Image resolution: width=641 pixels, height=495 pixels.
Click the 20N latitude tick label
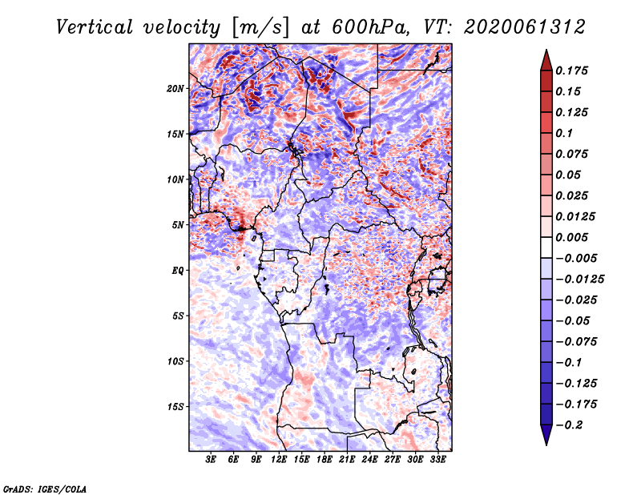click(x=175, y=89)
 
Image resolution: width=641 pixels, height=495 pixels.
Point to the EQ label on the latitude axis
click(x=178, y=271)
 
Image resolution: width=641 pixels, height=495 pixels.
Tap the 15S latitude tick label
click(x=175, y=407)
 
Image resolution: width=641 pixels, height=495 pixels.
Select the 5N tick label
click(x=178, y=225)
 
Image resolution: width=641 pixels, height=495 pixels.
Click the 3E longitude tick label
click(x=211, y=460)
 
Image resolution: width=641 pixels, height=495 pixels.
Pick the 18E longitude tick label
click(x=325, y=460)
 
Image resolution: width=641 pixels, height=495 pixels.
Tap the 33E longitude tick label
click(x=437, y=460)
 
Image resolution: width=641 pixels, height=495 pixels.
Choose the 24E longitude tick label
click(x=369, y=460)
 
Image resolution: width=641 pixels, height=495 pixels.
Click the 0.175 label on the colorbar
click(x=571, y=70)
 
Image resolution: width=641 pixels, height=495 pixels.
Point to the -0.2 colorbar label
click(x=569, y=425)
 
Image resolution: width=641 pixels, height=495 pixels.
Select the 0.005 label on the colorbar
click(x=571, y=237)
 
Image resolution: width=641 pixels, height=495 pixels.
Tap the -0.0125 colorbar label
click(x=579, y=280)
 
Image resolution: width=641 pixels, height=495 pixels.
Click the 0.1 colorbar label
click(x=564, y=133)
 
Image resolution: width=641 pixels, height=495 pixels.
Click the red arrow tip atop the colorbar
click(x=546, y=50)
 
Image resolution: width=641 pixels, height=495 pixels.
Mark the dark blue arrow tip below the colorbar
click(x=546, y=444)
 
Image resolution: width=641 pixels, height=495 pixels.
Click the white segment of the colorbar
click(x=546, y=247)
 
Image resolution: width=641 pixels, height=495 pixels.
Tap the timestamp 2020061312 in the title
click(x=525, y=27)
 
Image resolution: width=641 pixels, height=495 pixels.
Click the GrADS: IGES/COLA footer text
click(x=45, y=489)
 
